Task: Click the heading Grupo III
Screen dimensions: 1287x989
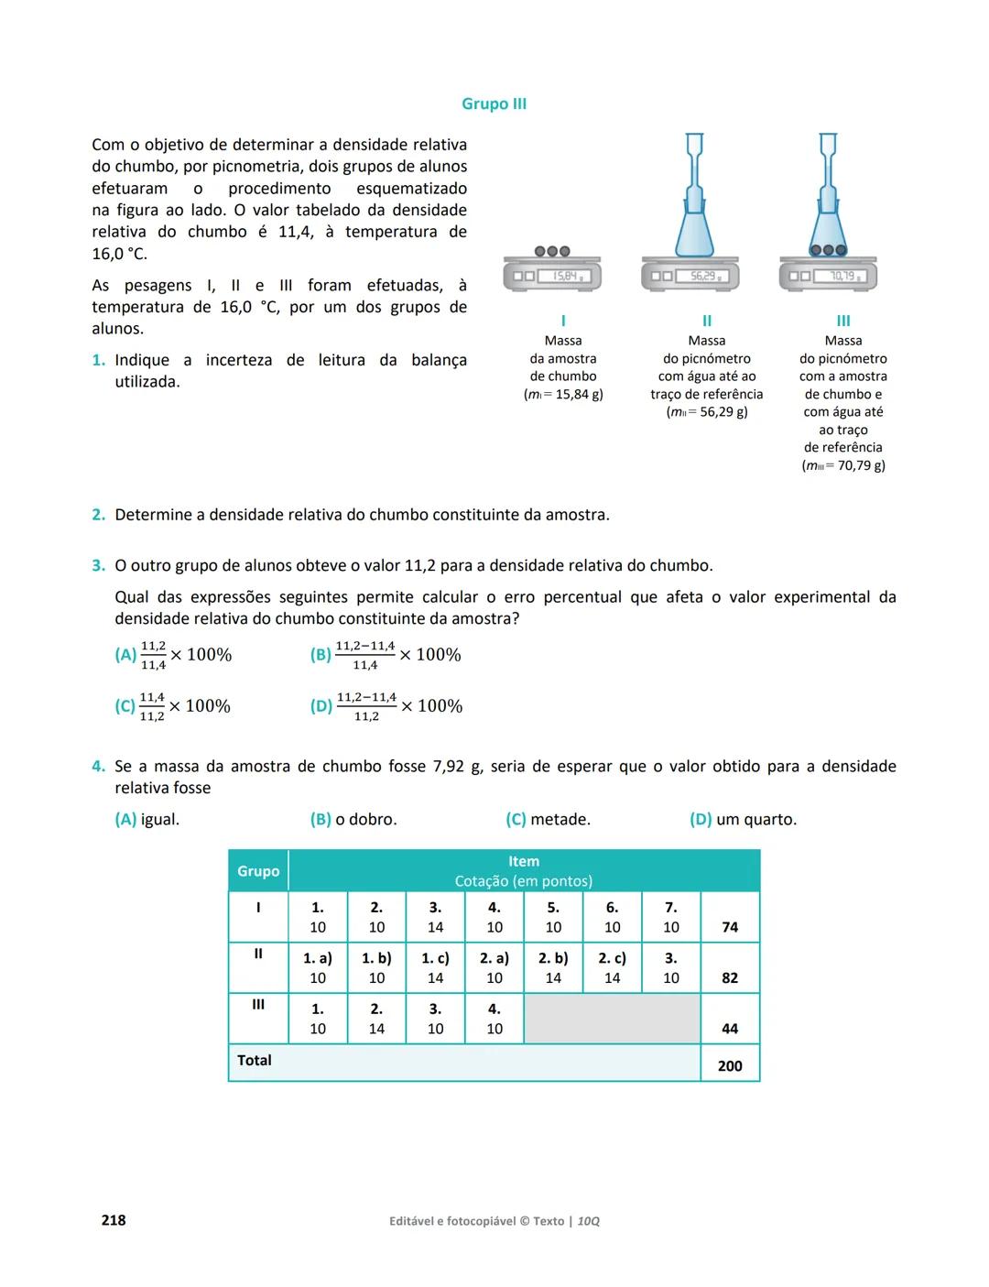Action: (x=494, y=104)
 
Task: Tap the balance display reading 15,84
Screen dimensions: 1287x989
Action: (x=563, y=276)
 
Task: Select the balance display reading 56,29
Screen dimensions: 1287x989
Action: (x=702, y=276)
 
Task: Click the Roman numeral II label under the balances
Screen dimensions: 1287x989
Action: (x=706, y=321)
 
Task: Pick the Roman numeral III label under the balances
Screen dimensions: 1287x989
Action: (x=843, y=321)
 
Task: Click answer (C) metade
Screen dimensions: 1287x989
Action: (x=548, y=820)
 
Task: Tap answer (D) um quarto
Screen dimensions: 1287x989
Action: (x=743, y=820)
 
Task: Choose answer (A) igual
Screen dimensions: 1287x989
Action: (x=147, y=820)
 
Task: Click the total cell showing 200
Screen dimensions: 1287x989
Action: (x=730, y=1066)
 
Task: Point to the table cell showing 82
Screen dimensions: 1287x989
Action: (x=730, y=978)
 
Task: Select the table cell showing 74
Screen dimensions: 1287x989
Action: (x=730, y=927)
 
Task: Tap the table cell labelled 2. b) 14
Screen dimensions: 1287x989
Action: (x=553, y=968)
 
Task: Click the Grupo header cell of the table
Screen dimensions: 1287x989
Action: (x=258, y=871)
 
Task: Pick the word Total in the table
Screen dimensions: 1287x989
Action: (x=255, y=1061)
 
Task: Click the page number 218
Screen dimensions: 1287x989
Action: (x=114, y=1221)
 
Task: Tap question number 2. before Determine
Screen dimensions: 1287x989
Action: (x=99, y=515)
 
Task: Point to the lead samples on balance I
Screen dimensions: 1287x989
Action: (x=552, y=251)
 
